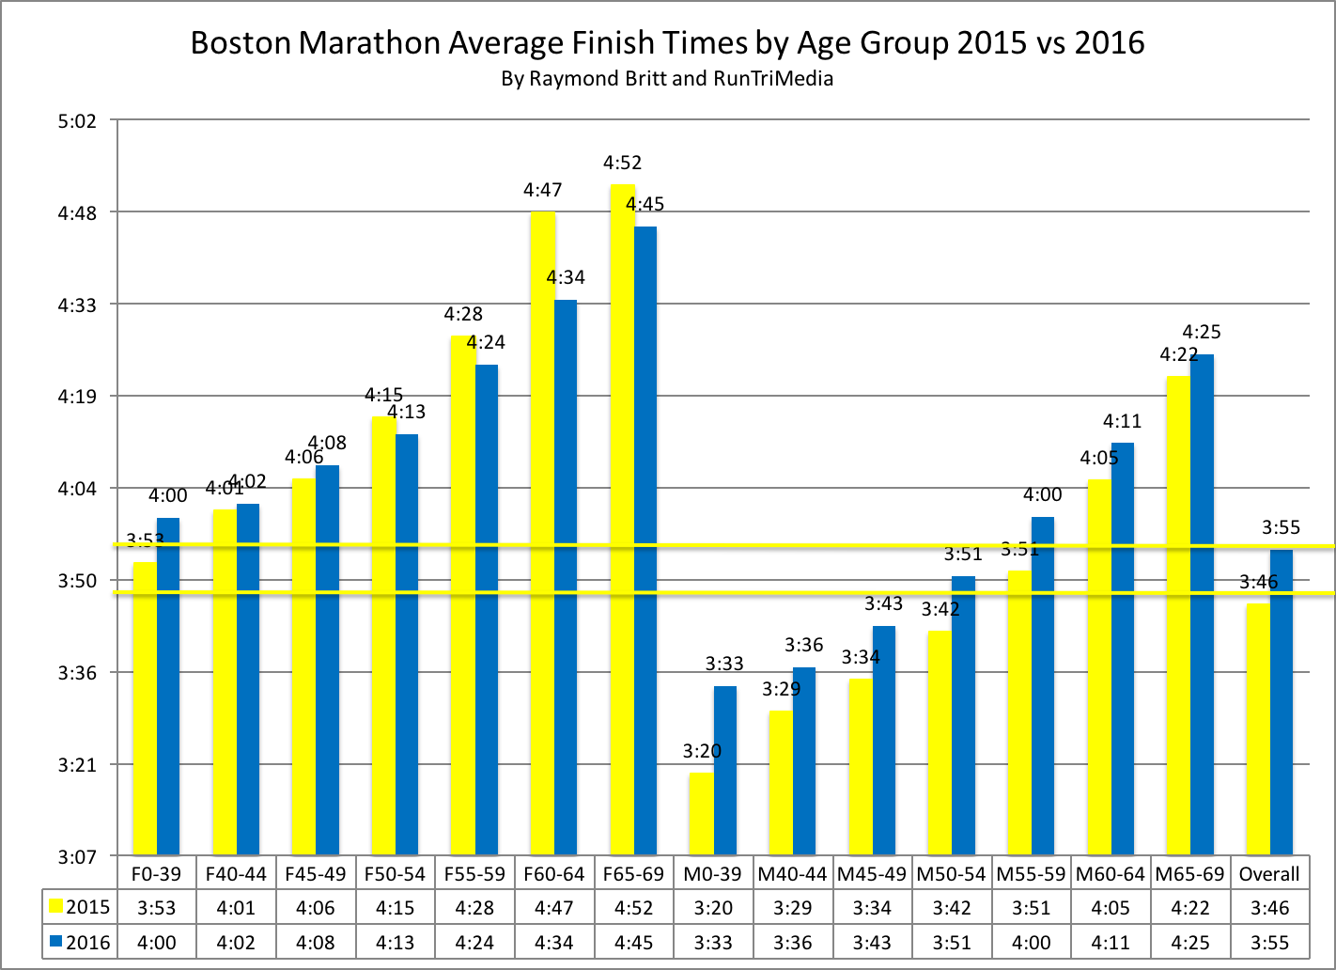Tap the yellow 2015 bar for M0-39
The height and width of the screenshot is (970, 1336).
[x=701, y=813]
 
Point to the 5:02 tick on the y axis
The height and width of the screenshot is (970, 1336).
[x=77, y=121]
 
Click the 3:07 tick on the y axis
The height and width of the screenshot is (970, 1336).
[x=77, y=857]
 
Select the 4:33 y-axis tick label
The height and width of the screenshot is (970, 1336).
[x=77, y=305]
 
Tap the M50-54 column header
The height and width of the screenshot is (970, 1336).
[x=951, y=874]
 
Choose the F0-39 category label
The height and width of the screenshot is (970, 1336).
[x=156, y=874]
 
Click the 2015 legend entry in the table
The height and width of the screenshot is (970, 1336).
[x=79, y=908]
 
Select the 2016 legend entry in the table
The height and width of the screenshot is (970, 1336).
[x=79, y=943]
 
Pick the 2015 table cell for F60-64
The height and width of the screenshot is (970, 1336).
[x=553, y=908]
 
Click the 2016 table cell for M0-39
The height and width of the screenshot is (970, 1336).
[x=712, y=943]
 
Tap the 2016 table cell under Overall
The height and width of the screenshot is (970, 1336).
[x=1268, y=943]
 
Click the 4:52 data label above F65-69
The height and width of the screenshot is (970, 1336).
[x=622, y=164]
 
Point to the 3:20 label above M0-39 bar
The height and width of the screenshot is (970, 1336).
[x=702, y=751]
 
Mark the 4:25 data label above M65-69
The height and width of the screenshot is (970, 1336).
[x=1202, y=332]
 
